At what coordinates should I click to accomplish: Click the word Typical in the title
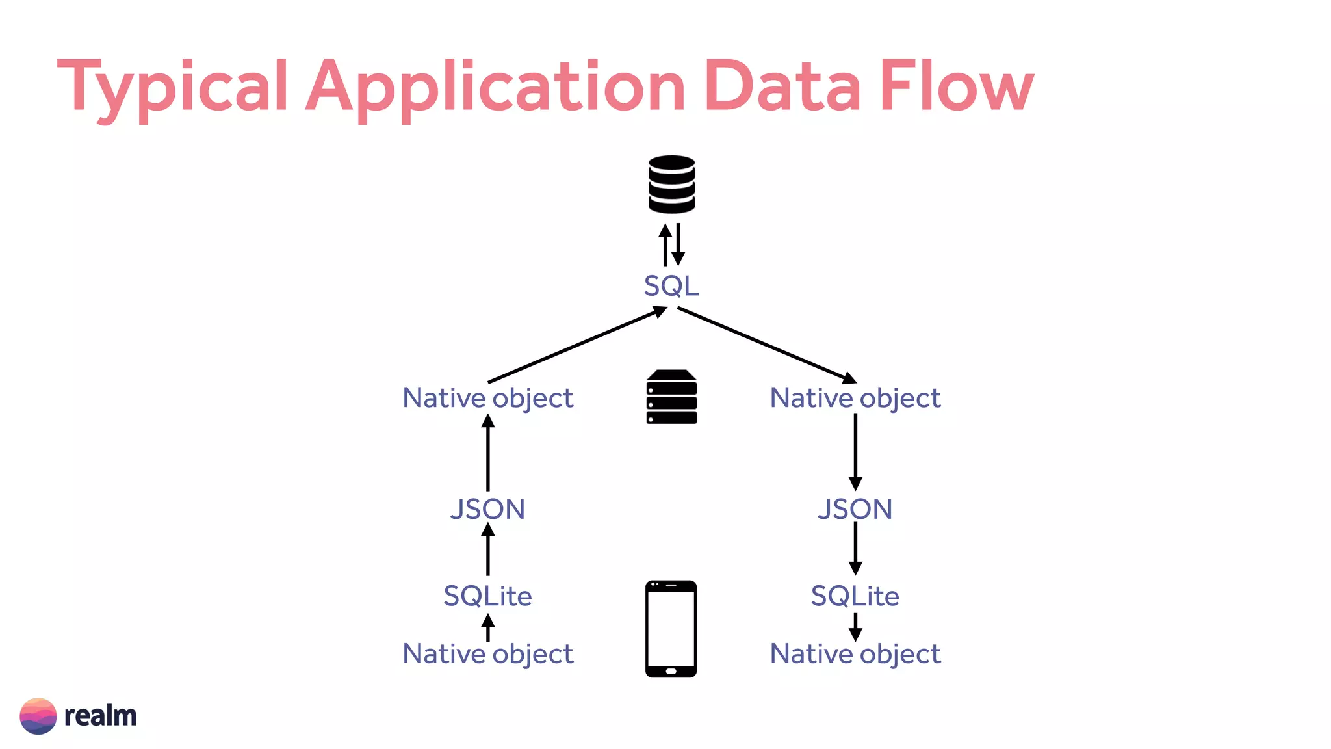point(173,86)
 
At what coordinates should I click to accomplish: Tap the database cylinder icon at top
point(671,184)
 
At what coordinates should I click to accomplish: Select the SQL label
point(671,286)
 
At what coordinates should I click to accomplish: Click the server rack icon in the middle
point(671,397)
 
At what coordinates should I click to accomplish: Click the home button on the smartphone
point(671,670)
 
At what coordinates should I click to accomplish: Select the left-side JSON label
point(487,509)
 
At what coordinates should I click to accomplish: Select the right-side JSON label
point(855,509)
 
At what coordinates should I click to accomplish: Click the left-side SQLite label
point(487,596)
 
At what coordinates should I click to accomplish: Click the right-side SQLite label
point(855,596)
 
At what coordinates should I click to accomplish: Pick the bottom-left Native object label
point(487,654)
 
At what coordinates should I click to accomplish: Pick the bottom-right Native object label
point(855,654)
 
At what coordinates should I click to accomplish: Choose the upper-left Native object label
point(487,398)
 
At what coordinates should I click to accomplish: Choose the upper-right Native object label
point(855,398)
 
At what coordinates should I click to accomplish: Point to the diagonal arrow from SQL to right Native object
point(767,345)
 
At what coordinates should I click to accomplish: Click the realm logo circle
point(38,716)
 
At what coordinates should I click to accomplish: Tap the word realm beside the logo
point(101,716)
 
